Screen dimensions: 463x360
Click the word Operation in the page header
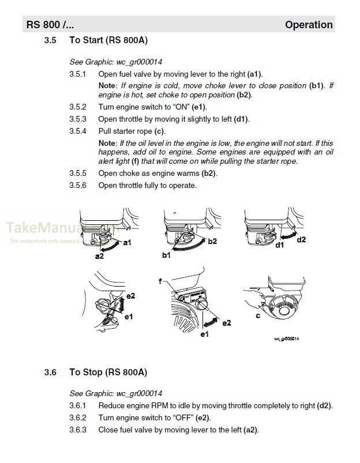click(x=309, y=25)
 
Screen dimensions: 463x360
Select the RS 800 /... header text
click(x=50, y=25)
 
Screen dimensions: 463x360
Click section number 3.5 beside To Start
click(x=50, y=40)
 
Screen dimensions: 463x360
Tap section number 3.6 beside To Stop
click(x=50, y=372)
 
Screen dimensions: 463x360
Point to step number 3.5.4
click(x=77, y=131)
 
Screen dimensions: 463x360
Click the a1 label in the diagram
click(x=127, y=243)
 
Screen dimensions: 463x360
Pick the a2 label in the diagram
click(x=99, y=256)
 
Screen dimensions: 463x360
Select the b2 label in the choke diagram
click(x=212, y=240)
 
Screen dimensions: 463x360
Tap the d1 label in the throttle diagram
click(x=280, y=245)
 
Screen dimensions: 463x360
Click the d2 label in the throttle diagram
click(x=301, y=239)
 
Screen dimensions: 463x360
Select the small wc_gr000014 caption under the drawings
click(x=286, y=338)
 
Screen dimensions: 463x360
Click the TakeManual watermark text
click(x=35, y=229)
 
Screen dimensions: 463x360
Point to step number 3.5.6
click(x=77, y=185)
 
